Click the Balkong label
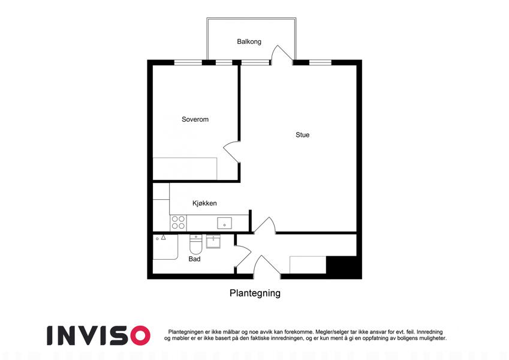coord(249,41)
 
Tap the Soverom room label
coord(195,119)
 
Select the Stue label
coord(303,135)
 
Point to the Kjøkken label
coord(204,203)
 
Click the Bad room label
coord(194,259)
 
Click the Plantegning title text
coord(255,293)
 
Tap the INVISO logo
coord(98,335)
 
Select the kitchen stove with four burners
coord(178,223)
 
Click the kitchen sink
coord(224,223)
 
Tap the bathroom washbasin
coord(213,241)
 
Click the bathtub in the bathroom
coord(165,247)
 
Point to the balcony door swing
coord(282,53)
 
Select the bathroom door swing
coord(242,256)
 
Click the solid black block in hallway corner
coord(344,268)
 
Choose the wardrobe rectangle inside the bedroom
coord(185,169)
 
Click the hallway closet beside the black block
coord(308,265)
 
